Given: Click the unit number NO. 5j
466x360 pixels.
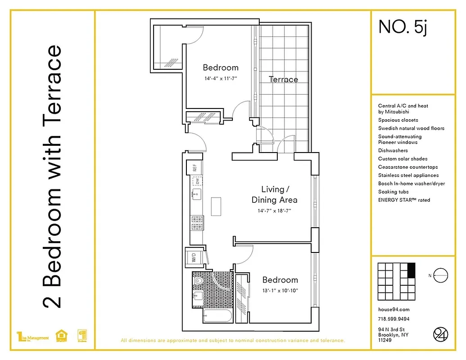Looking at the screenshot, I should (x=402, y=27).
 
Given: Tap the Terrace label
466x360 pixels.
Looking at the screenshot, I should (x=283, y=80).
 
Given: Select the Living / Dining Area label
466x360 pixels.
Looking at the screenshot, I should (x=274, y=194).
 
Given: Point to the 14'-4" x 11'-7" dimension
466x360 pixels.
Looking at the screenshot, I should (x=220, y=78).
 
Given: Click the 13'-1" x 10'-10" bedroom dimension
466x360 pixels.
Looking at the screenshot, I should (x=280, y=290).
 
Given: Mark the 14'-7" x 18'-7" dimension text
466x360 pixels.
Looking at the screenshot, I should (x=274, y=211).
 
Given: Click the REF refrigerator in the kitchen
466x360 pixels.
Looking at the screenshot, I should (x=195, y=168).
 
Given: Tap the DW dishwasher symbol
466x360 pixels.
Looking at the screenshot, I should (x=197, y=181).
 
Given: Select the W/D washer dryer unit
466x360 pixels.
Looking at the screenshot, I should (x=194, y=258).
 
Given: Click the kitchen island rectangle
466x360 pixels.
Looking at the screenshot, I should (x=217, y=207).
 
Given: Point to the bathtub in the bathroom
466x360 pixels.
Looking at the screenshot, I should (x=217, y=316).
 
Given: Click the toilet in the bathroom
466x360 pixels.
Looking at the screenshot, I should (x=198, y=280).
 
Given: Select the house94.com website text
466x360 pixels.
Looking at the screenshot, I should (x=394, y=310).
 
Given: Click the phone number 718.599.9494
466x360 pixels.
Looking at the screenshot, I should (x=394, y=319).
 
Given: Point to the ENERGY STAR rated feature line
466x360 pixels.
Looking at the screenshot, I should (x=404, y=200).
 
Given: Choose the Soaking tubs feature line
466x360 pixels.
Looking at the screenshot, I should (x=394, y=192).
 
